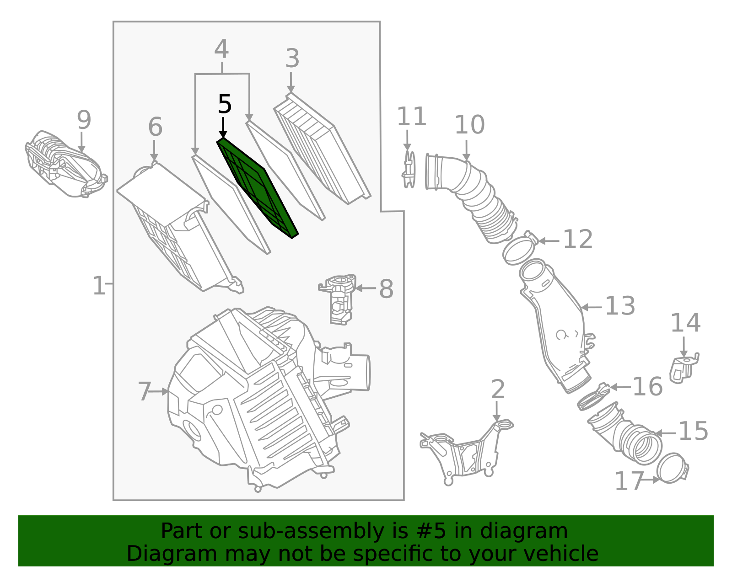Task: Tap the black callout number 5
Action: point(224,105)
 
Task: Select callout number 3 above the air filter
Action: point(292,59)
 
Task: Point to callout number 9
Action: point(84,120)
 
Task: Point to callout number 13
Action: point(620,306)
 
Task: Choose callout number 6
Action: point(155,127)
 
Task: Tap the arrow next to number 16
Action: point(620,387)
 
